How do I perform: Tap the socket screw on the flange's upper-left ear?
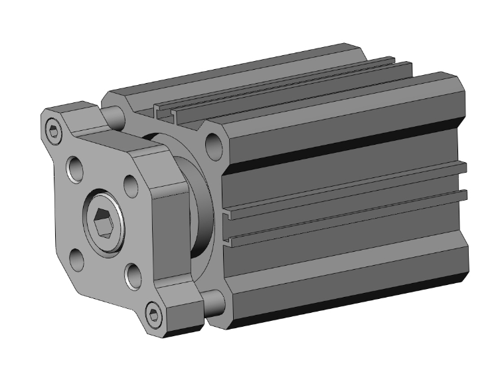pos(53,130)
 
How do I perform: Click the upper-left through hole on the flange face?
pos(74,168)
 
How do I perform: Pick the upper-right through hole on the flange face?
pos(131,183)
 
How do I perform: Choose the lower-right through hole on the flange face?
pos(131,272)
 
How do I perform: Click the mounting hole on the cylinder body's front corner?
pos(214,142)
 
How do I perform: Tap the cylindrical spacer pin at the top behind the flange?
pos(116,117)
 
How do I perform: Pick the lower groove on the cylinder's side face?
pos(345,220)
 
